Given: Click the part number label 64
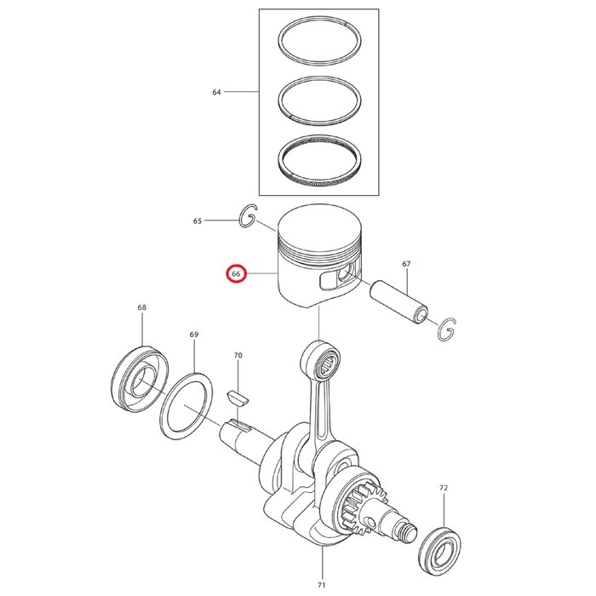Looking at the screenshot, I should (216, 91).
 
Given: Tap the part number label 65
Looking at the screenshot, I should (198, 221).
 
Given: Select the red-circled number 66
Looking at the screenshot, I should (235, 274).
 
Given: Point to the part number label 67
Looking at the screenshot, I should (406, 265).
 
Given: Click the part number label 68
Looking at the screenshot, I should (141, 307).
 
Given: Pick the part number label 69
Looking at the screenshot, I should (194, 335).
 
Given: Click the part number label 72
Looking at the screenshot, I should (444, 489).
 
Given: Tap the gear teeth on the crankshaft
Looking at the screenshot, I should (358, 502).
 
